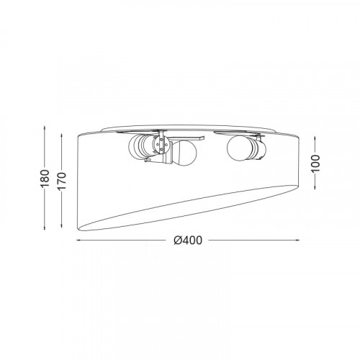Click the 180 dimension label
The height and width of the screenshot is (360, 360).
(x=45, y=179)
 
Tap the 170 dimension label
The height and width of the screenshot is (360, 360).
(x=62, y=181)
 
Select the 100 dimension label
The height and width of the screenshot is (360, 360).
(x=315, y=163)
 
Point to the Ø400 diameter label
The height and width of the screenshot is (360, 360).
(x=188, y=240)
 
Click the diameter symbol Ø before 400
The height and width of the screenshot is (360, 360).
(x=178, y=240)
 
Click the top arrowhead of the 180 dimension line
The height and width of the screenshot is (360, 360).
(x=45, y=128)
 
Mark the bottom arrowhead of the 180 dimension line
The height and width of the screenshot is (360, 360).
(x=45, y=228)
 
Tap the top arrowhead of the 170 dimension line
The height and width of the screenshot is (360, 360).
(x=62, y=136)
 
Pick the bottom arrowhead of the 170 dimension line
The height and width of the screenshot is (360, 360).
(x=62, y=225)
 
